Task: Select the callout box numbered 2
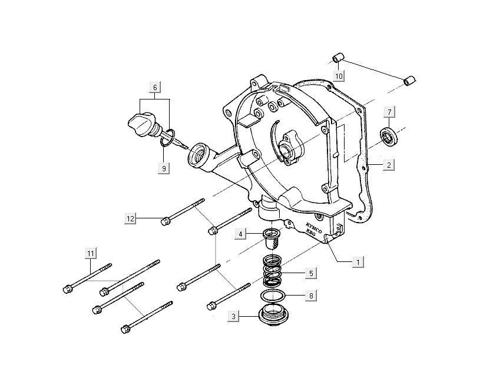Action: tap(389, 165)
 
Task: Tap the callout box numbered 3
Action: tap(234, 317)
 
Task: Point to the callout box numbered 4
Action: tap(240, 234)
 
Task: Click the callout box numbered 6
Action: tap(155, 88)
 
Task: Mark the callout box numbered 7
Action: tap(389, 112)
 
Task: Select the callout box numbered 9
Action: tap(164, 168)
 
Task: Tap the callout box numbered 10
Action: tap(339, 76)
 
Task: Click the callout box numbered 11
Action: tap(90, 253)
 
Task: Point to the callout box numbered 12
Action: tap(131, 219)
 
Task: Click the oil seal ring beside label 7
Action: tap(389, 135)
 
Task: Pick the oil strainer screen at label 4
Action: tap(270, 239)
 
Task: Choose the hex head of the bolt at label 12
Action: tap(166, 222)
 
